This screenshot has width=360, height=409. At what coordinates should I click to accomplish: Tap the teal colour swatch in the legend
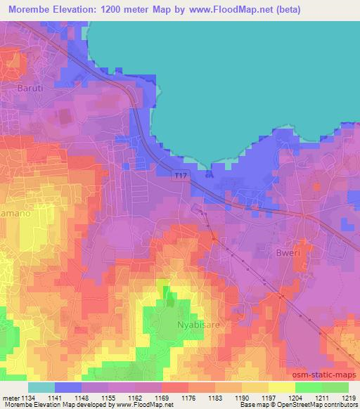click(x=41, y=387)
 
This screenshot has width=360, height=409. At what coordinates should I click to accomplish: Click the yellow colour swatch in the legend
click(x=282, y=387)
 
